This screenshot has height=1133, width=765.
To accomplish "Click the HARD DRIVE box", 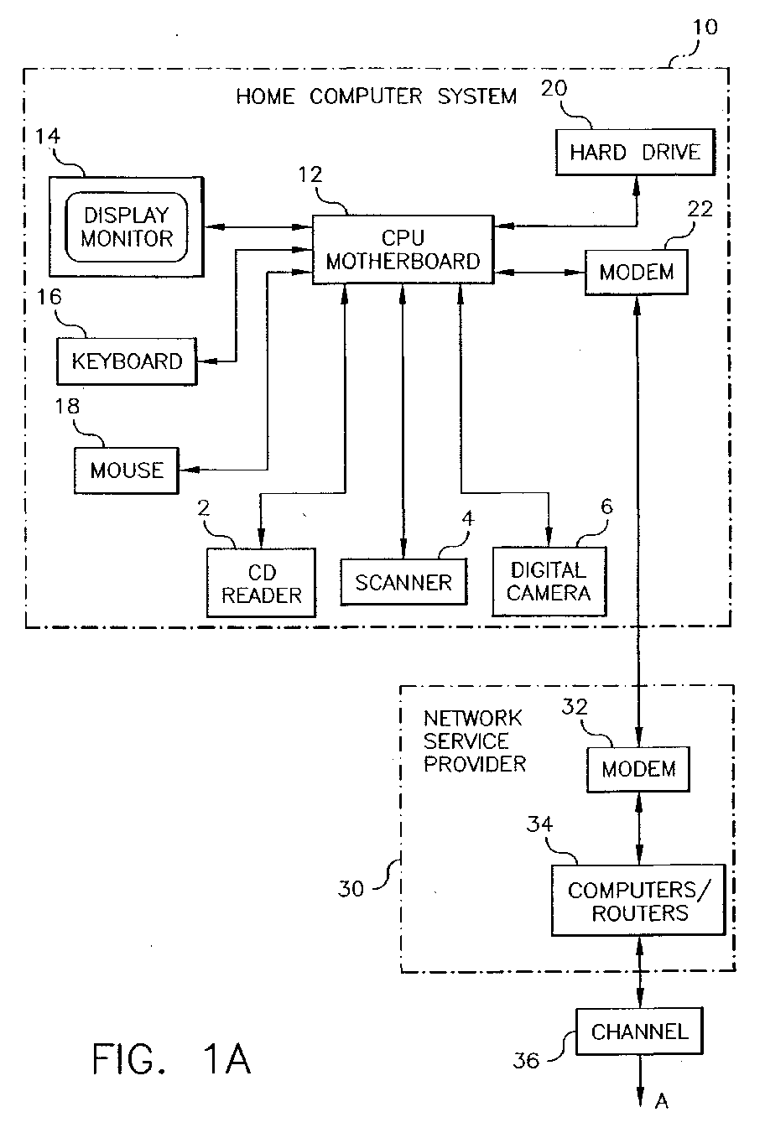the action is pos(636,153).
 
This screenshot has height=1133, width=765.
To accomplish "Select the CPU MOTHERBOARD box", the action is pos(403,249).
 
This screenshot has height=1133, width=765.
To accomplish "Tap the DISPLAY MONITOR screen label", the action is pos(127,227).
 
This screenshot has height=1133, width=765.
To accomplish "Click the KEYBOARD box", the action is pos(127,361).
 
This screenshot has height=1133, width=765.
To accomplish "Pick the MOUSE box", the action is pos(127,470).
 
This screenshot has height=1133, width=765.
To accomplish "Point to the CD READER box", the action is pos(261,583).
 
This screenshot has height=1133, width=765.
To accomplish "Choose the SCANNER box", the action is pos(403,582).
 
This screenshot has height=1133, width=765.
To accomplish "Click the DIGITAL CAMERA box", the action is pos(549,582).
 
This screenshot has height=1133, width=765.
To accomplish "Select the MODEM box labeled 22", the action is pos(637,272).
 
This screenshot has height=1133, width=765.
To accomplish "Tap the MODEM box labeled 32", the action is pos(638,769).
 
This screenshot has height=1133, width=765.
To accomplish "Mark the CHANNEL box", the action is pos(639,1032).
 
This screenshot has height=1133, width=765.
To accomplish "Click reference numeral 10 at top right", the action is pos(705,28).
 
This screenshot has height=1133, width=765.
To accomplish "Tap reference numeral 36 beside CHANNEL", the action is pos(526,1061).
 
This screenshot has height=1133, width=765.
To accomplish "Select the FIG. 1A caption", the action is pos(171,1059).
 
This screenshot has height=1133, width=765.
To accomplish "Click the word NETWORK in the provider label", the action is pos(472,718).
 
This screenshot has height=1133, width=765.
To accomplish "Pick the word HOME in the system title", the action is pos(265,96).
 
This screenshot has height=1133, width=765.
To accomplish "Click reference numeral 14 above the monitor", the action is pos(48,136).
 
